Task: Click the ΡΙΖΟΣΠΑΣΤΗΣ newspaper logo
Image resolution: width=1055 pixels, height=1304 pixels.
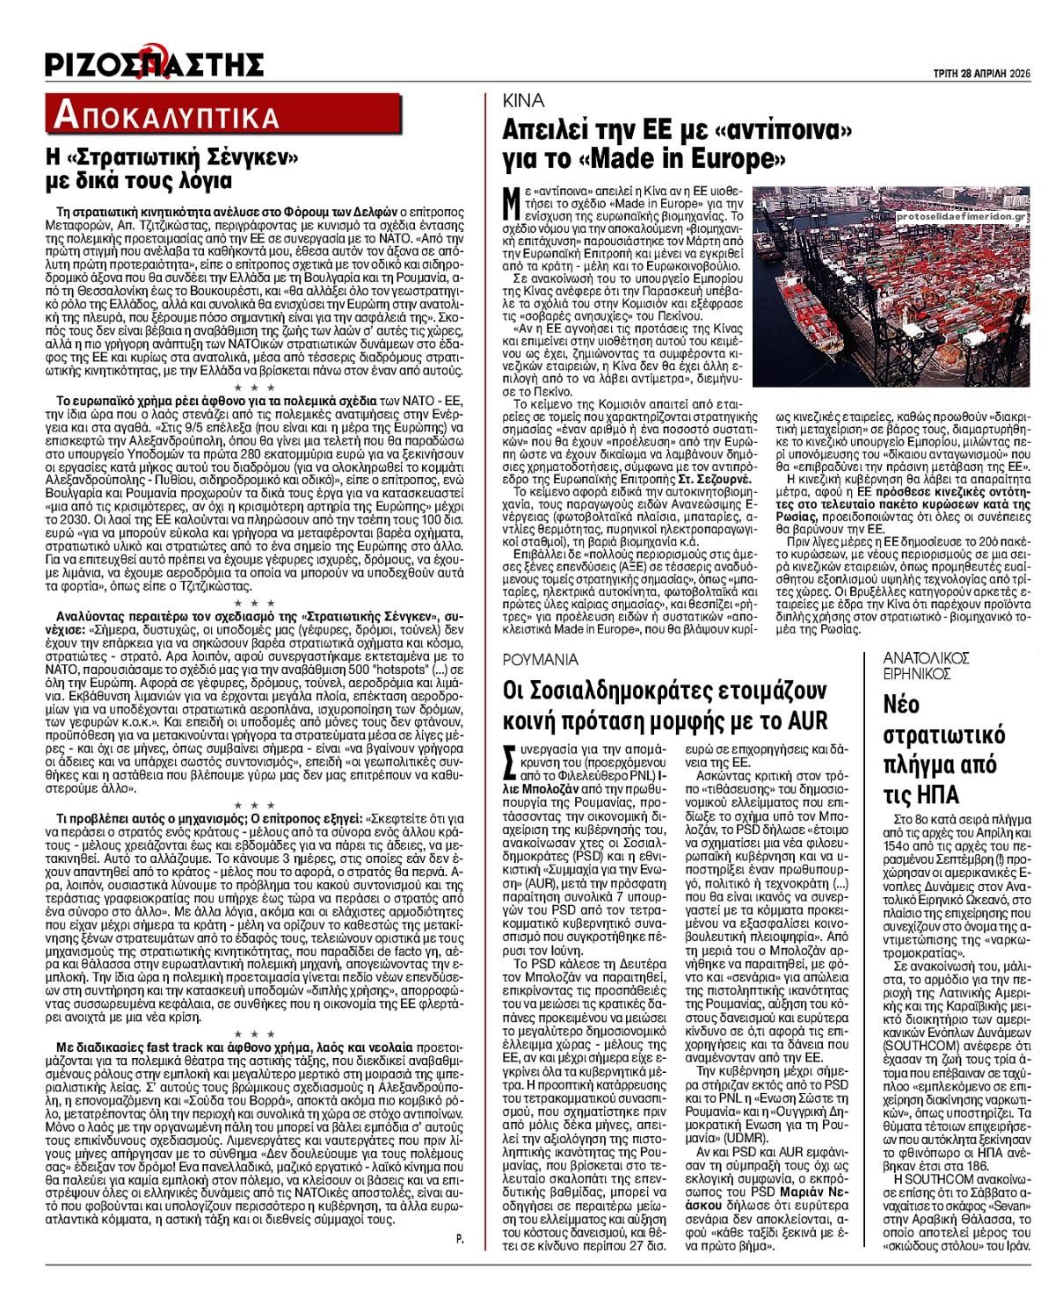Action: pos(154,63)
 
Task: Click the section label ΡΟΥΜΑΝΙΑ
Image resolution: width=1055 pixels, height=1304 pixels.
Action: pos(540,659)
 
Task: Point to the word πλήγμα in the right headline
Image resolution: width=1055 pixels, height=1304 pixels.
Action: pos(920,764)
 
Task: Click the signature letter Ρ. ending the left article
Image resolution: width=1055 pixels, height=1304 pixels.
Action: pos(460,1239)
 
